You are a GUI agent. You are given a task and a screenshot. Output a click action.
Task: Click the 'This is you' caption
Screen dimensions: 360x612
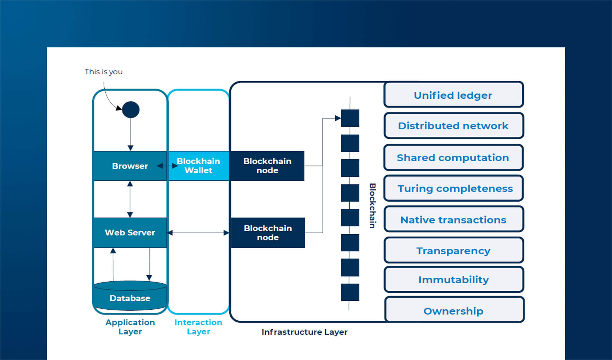(x=103, y=72)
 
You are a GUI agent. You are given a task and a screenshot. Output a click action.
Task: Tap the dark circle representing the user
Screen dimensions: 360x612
(x=131, y=109)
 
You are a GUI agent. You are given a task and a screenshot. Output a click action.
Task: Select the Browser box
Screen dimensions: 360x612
(x=130, y=166)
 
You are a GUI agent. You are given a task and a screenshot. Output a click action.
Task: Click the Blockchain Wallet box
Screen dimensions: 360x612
(x=198, y=166)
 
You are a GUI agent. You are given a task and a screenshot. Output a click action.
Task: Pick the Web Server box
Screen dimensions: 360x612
(x=130, y=232)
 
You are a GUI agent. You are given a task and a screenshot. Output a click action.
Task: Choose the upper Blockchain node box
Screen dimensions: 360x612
(x=267, y=166)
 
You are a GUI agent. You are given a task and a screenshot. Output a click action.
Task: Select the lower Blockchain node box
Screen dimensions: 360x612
(x=268, y=233)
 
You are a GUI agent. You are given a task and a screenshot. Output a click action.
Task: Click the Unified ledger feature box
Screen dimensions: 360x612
(x=453, y=95)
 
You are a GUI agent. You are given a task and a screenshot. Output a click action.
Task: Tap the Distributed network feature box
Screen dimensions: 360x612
(x=453, y=126)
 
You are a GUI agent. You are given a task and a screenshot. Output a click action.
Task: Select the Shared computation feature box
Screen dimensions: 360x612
(x=453, y=157)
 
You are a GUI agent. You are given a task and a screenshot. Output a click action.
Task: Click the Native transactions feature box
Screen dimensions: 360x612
(x=453, y=220)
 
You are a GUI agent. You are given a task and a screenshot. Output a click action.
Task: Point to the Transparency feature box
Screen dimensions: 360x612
(x=453, y=250)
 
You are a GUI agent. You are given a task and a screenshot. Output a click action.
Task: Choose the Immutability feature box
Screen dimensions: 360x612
(x=454, y=280)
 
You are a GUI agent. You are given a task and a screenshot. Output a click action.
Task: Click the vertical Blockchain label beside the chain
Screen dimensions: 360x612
(x=372, y=206)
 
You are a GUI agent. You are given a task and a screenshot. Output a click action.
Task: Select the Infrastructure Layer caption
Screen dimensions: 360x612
(x=304, y=332)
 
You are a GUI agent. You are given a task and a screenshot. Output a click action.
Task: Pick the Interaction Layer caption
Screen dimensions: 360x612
(x=198, y=327)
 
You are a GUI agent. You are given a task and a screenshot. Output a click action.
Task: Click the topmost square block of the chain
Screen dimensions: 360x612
(x=350, y=118)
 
